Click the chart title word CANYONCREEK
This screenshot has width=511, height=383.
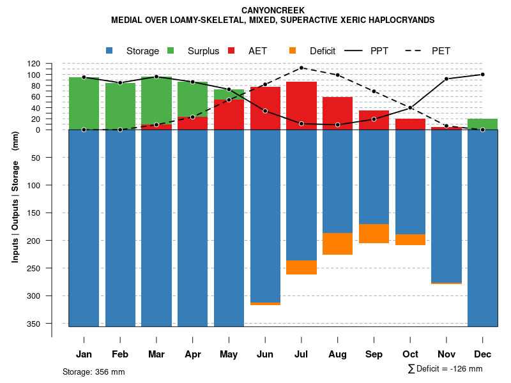(273, 10)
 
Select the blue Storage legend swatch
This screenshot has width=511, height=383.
(110, 50)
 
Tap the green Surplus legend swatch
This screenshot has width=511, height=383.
(171, 50)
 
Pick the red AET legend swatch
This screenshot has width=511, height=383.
(231, 50)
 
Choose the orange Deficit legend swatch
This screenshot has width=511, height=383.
(293, 50)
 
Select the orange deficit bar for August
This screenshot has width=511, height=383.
(337, 244)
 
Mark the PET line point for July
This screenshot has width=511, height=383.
(301, 68)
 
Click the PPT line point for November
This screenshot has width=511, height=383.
(446, 79)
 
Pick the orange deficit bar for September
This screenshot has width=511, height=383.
(374, 234)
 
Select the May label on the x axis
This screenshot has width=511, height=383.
(229, 354)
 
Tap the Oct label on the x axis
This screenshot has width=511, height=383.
(410, 354)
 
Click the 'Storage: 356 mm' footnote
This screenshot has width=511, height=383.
(94, 372)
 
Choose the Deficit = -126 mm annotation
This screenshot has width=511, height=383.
(445, 369)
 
